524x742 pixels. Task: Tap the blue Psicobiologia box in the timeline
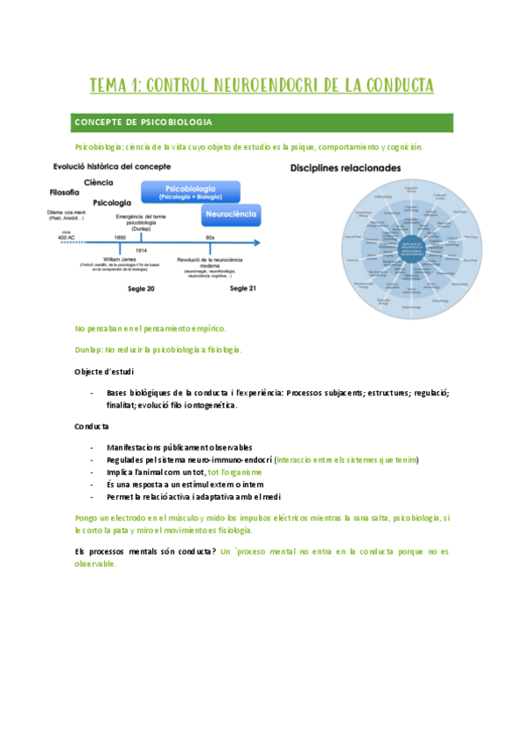[191, 191]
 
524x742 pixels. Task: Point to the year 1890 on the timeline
[120, 237]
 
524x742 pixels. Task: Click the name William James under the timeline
[122, 259]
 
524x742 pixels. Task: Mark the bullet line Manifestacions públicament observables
[179, 447]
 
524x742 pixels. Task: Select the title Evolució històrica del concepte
[111, 166]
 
